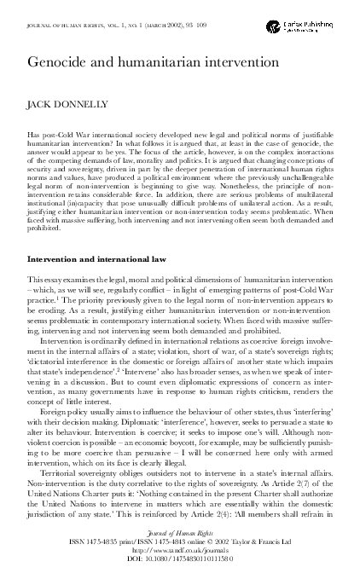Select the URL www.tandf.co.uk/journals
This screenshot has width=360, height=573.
point(180,550)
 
